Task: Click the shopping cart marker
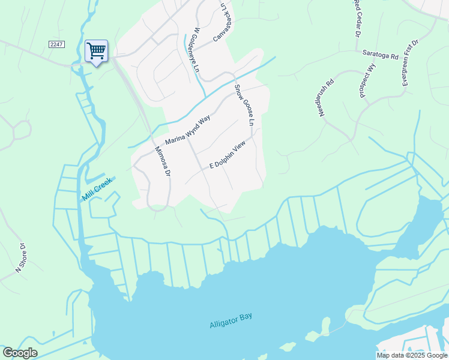point(96,50)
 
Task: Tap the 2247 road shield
point(56,45)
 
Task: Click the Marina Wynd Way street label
point(187,130)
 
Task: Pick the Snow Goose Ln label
point(245,106)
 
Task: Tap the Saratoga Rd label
point(380,55)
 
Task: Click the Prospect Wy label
point(368,85)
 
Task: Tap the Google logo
point(20,353)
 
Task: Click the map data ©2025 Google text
point(412,355)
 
